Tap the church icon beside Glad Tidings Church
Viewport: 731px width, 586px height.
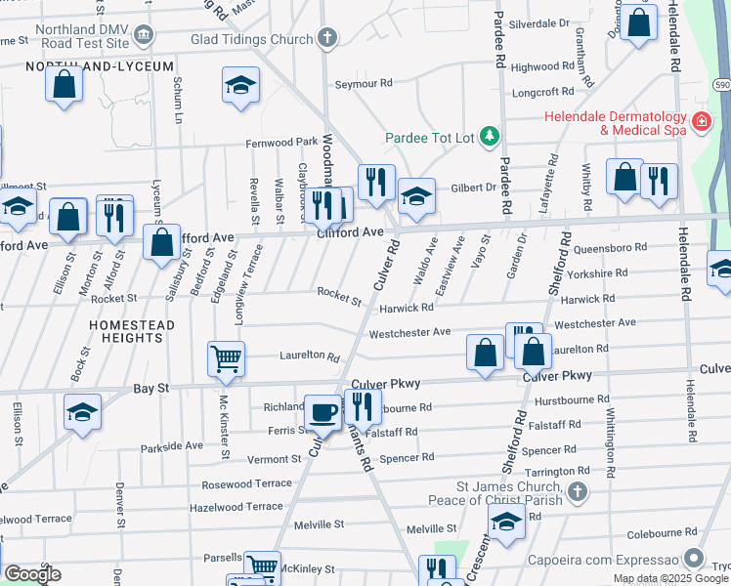327,37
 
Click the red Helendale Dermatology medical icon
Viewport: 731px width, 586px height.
700,122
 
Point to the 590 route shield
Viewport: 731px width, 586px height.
720,86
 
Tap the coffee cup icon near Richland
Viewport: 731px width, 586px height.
323,413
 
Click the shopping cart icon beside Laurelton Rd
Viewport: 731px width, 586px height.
226,357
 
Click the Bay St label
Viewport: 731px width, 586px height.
150,388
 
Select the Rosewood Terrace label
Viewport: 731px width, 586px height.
246,483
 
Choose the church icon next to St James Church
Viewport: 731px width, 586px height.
578,491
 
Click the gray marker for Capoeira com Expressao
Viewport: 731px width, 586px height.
694,559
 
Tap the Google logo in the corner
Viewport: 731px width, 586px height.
32,573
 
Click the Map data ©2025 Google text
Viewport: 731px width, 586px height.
670,578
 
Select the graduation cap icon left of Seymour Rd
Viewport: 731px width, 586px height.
239,85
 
